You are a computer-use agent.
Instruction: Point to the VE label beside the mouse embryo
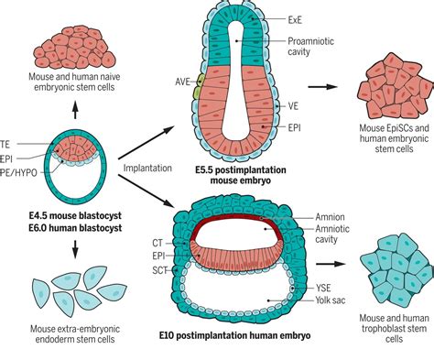click(294, 106)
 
